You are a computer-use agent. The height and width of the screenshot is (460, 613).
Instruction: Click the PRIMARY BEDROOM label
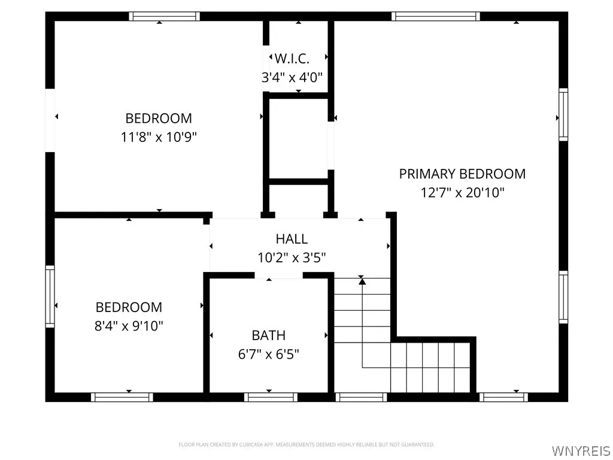pos(462,174)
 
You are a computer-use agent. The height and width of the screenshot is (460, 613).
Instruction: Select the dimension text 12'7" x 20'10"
pos(462,193)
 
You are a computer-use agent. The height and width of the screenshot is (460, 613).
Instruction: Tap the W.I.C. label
pos(292,59)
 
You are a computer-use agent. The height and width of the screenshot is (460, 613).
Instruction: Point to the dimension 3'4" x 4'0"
pos(292,77)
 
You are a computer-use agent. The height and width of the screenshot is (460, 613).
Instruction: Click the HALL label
pos(292,239)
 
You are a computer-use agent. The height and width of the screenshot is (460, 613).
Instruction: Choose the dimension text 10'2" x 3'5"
pos(292,258)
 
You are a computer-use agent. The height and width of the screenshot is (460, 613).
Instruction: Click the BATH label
pos(268,335)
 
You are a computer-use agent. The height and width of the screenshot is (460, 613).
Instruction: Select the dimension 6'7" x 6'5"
pos(268,354)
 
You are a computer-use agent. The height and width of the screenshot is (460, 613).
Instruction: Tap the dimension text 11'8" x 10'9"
pos(159,137)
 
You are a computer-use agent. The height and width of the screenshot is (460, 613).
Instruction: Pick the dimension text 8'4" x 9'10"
pos(129,326)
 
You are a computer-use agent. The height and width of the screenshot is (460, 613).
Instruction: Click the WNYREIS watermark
pos(581,450)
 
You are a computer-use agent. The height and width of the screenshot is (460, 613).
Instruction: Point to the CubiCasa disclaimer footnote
pos(306,444)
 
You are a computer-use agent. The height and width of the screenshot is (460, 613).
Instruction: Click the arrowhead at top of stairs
pos(362,280)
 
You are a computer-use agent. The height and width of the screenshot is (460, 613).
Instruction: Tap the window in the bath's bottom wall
pos(271,397)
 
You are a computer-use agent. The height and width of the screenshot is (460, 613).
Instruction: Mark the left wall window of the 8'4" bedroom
pos(50,296)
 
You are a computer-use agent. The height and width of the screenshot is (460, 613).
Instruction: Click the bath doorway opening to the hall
pos(279,276)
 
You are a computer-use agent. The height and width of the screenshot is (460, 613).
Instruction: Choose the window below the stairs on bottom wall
pos(361,397)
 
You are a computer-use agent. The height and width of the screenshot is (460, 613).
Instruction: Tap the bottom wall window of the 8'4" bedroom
pos(122,397)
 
